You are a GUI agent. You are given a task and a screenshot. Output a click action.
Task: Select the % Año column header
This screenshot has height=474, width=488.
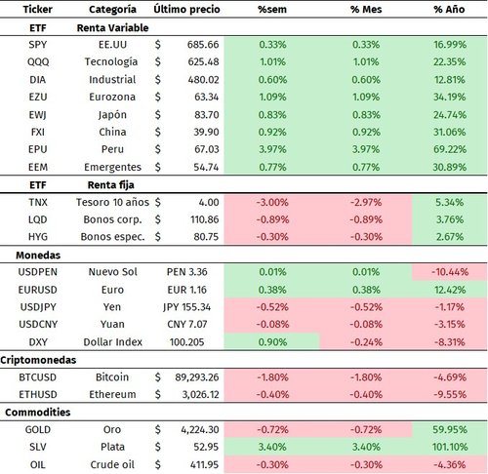coord(450,11)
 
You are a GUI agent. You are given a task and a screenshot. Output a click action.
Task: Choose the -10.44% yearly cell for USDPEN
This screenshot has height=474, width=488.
coord(450,271)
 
